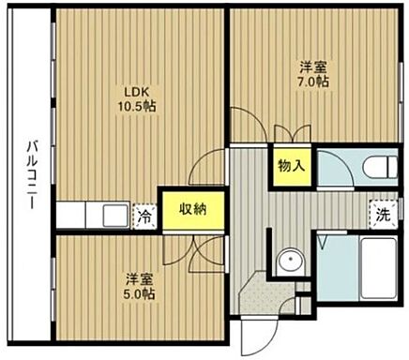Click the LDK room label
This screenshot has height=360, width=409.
[138, 91]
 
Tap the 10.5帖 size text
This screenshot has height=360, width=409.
[138, 106]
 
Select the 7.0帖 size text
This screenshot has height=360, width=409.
[314, 82]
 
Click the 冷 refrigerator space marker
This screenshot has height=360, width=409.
[144, 216]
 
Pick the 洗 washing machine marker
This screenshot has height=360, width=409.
[383, 214]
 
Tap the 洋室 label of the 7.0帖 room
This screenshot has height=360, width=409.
[314, 67]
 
